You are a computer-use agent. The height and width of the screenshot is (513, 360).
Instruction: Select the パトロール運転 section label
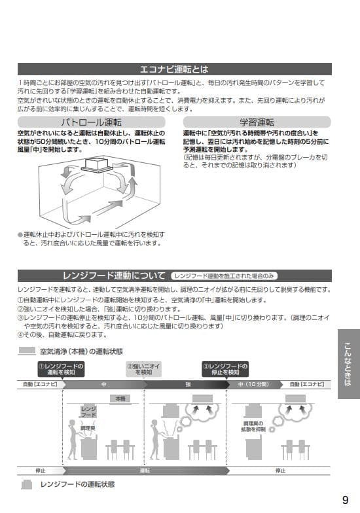(x=91, y=122)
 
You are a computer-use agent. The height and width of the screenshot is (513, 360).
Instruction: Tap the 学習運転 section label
(x=257, y=122)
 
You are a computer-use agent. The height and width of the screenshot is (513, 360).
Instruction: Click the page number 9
(x=345, y=500)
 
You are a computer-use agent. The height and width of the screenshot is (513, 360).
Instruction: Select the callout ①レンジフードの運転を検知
(x=61, y=369)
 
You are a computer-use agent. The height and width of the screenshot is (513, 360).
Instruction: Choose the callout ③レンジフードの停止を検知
(x=226, y=369)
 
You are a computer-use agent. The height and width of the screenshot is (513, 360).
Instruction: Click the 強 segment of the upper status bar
(x=188, y=385)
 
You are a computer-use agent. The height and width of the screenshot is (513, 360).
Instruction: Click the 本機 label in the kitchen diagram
(x=120, y=398)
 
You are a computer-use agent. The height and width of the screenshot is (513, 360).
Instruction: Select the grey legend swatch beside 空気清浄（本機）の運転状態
(x=27, y=351)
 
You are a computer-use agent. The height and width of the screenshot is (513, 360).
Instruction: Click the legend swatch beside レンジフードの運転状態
(x=27, y=485)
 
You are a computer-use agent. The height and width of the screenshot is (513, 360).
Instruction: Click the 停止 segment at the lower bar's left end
(x=39, y=470)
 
